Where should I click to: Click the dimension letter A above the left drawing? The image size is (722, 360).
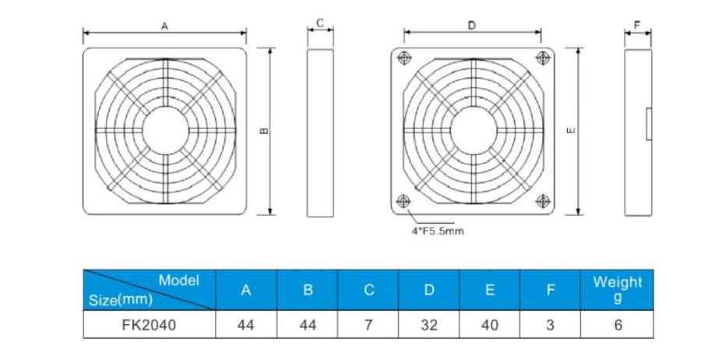pyautogui.click(x=164, y=26)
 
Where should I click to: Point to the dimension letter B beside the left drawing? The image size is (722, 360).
pyautogui.click(x=264, y=131)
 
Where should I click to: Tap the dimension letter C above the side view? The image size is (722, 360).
pyautogui.click(x=320, y=23)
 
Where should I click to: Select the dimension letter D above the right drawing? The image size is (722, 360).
pyautogui.click(x=471, y=26)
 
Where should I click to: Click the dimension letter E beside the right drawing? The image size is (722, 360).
pyautogui.click(x=572, y=131)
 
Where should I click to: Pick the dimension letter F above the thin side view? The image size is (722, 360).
pyautogui.click(x=637, y=26)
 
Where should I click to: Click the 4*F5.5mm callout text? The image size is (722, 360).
pyautogui.click(x=438, y=231)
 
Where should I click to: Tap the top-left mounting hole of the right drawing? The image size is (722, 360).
pyautogui.click(x=403, y=58)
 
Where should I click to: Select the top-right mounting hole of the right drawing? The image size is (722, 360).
pyautogui.click(x=544, y=57)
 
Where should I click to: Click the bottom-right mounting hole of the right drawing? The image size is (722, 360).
pyautogui.click(x=544, y=200)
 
